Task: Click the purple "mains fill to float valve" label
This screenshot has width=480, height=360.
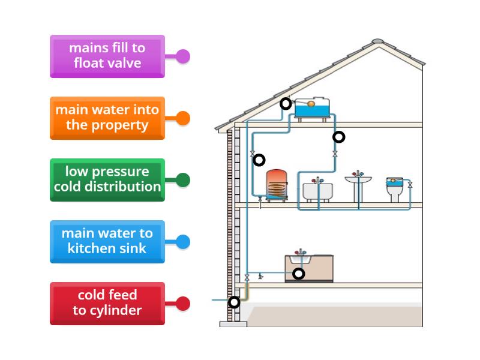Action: [107, 56]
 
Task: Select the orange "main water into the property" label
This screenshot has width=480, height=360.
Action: [107, 118]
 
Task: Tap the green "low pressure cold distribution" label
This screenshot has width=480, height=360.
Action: [107, 179]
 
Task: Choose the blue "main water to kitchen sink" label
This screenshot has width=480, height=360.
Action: [107, 241]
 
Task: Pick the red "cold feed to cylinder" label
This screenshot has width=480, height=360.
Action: [107, 303]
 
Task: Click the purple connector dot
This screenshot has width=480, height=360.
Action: [183, 56]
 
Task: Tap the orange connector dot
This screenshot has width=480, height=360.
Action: [183, 118]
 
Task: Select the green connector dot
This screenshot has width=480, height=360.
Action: [183, 179]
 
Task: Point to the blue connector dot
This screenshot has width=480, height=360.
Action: [183, 242]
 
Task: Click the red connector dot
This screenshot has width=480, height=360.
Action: [183, 304]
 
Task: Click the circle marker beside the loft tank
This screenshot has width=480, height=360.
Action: [286, 104]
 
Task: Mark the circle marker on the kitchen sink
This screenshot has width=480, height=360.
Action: [298, 274]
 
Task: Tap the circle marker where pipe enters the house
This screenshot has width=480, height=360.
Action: [234, 302]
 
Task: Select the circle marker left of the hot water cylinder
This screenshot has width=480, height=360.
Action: [259, 160]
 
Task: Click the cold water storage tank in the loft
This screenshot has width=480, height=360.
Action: [311, 109]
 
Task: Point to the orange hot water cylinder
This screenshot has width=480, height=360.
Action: [277, 185]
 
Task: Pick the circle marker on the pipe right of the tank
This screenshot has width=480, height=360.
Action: [339, 137]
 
